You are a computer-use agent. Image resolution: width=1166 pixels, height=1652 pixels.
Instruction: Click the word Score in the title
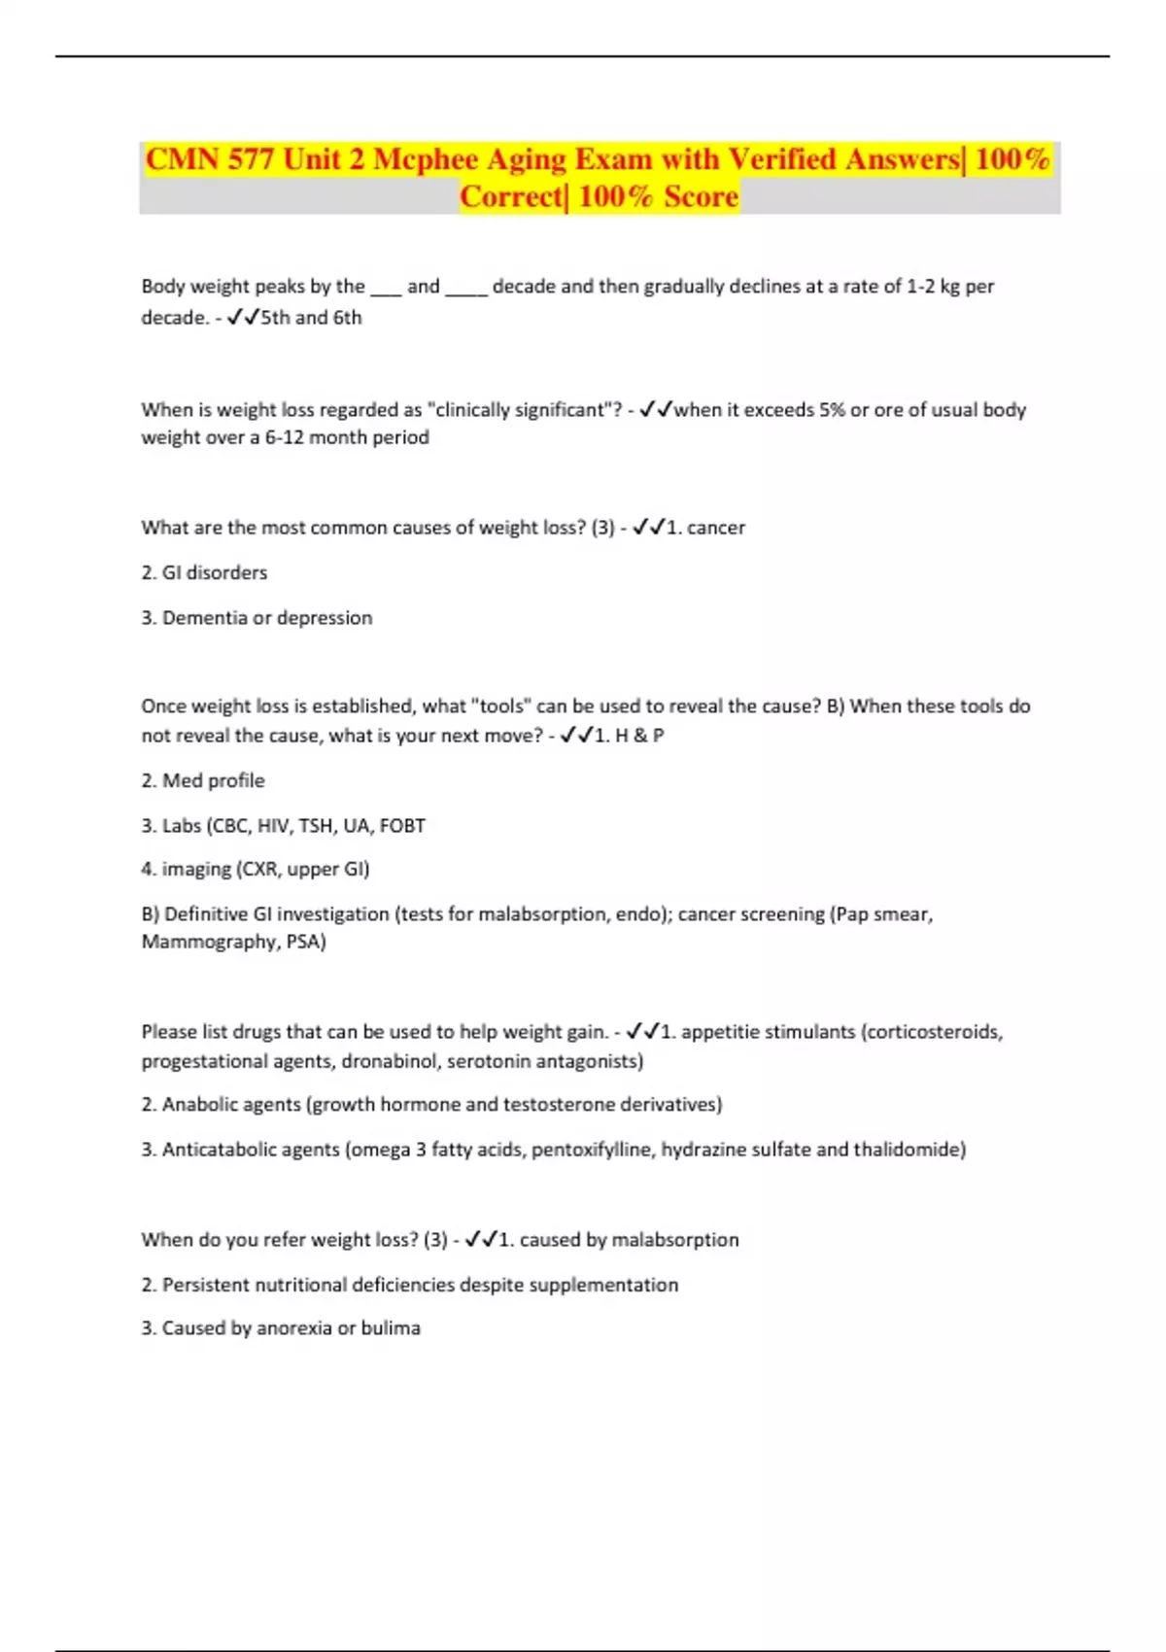coord(701,197)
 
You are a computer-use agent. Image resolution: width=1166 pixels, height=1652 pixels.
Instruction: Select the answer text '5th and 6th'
coord(311,318)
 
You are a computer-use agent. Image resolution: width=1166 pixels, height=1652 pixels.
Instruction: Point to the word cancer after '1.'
coord(716,528)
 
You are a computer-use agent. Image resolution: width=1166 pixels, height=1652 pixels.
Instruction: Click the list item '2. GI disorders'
coord(204,573)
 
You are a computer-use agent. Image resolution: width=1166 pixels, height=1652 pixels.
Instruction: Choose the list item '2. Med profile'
coord(202,780)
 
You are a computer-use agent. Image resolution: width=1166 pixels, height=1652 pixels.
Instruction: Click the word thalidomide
coord(908,1150)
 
